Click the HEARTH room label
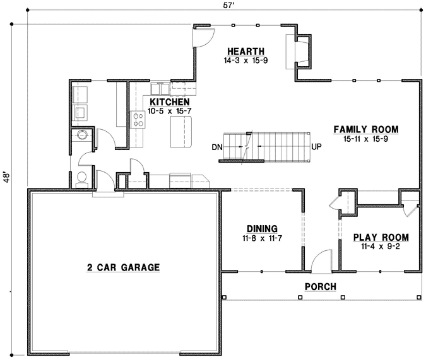245,52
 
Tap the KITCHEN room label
170,102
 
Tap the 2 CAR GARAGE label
123,267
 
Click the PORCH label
320,287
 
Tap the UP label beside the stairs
317,147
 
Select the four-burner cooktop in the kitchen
138,120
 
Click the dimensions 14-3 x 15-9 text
245,61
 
